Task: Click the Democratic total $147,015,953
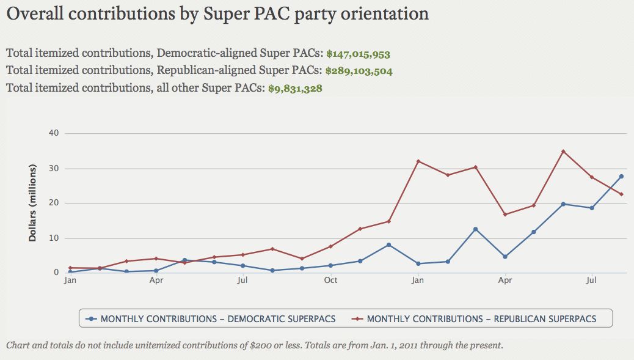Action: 359,54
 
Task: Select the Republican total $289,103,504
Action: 359,71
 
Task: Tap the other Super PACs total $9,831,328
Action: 295,88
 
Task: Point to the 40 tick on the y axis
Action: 54,133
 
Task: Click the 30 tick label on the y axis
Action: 54,168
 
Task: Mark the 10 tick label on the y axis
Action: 54,238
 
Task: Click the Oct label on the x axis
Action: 330,281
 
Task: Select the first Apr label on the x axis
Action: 156,281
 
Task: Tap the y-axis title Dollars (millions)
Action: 32,203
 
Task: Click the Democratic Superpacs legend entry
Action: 211,318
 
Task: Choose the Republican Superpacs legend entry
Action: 474,318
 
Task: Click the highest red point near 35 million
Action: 563,152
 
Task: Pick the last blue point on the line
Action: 621,177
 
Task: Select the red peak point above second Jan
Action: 418,161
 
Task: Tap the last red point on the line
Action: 621,194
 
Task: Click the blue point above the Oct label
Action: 330,265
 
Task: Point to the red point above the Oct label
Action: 330,246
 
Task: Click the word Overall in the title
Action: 35,13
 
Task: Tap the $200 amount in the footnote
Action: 261,345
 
